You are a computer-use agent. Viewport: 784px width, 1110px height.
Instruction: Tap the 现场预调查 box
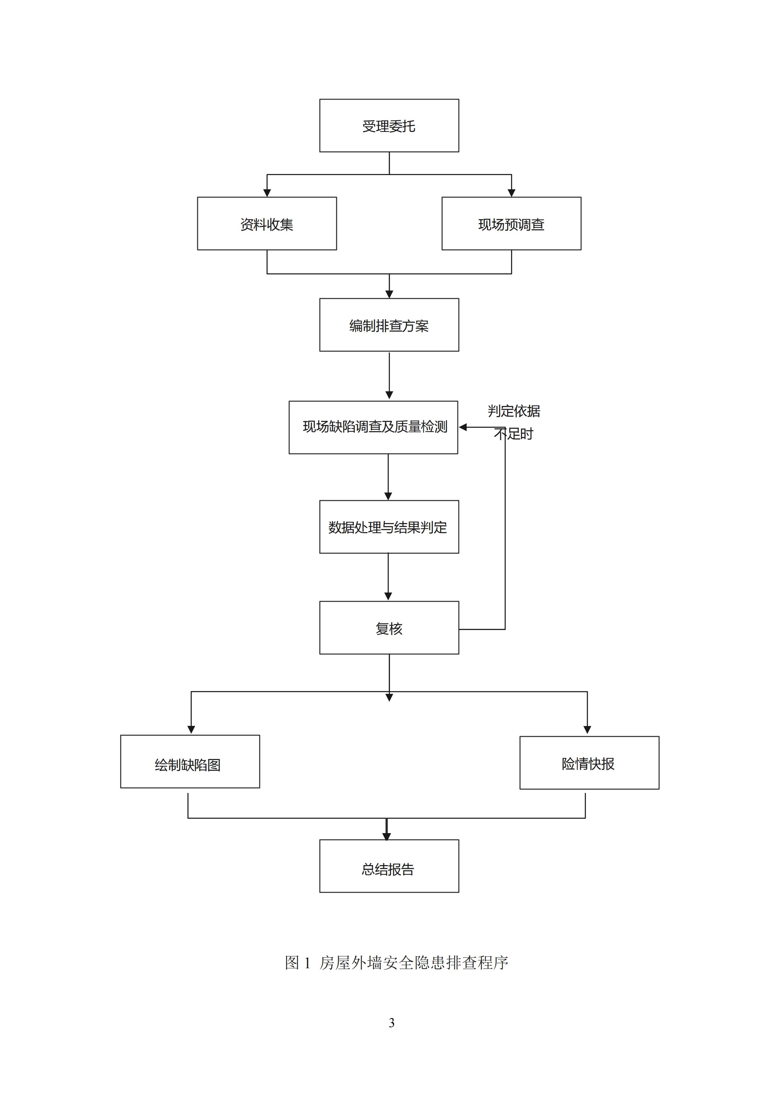pos(511,223)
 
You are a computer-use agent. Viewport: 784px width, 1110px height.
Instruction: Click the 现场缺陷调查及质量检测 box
pos(373,427)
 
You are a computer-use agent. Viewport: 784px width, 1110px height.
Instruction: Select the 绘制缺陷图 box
pos(190,762)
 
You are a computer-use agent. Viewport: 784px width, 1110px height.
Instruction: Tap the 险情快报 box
pos(589,763)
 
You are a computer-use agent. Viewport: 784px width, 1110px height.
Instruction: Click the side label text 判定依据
pos(514,411)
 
